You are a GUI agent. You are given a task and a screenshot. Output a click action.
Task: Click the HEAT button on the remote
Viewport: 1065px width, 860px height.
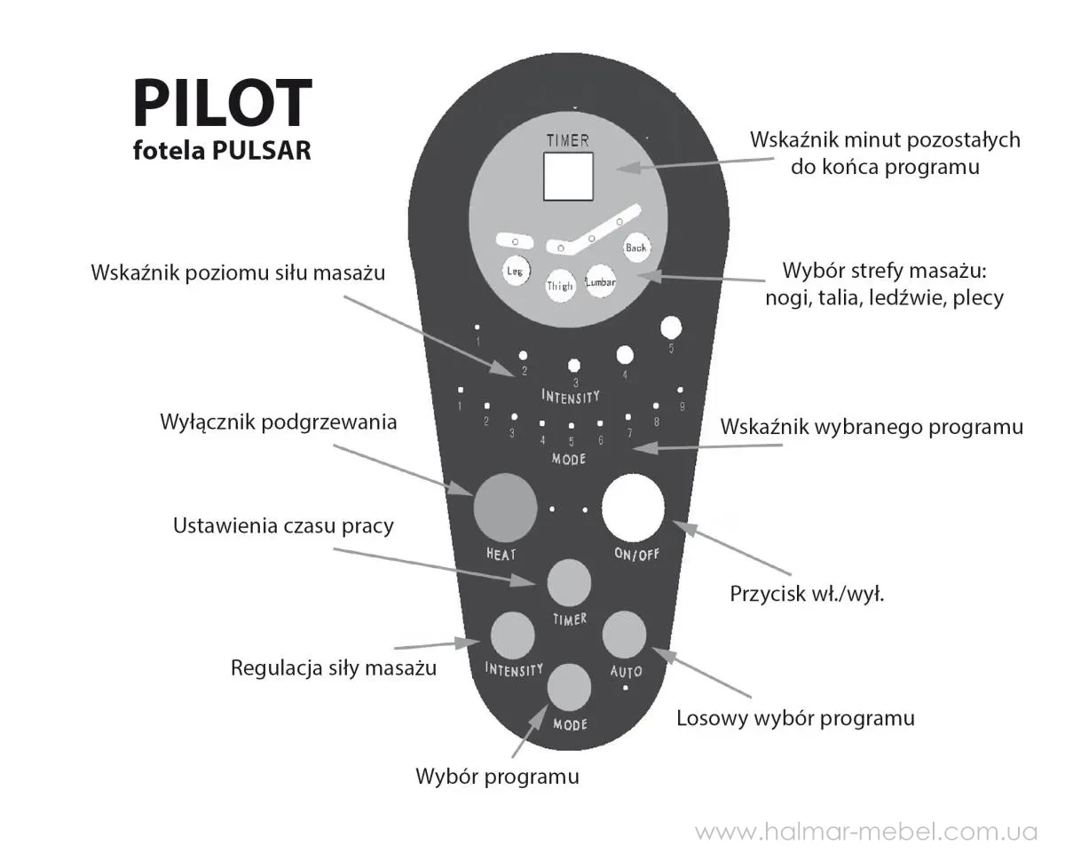point(505,508)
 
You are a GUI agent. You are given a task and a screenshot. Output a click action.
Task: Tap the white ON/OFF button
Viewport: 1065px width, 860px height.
point(634,508)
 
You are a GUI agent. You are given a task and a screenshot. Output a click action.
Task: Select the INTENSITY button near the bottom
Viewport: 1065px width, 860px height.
point(512,635)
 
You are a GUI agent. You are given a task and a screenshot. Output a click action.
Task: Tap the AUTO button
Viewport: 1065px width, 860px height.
point(624,634)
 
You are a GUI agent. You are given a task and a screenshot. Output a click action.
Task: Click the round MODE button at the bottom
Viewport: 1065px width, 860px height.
point(569,688)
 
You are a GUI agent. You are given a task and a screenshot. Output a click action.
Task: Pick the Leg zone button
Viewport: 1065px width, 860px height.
point(516,271)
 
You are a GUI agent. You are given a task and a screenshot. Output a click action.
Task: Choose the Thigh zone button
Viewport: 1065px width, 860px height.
point(560,286)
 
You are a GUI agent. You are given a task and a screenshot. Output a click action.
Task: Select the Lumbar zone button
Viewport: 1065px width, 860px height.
point(600,281)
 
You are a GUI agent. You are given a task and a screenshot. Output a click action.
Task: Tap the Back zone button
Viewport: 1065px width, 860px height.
point(636,248)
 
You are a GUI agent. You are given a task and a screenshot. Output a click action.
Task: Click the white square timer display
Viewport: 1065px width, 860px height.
point(568,177)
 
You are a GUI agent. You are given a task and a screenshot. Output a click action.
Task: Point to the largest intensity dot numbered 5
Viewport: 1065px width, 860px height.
point(670,328)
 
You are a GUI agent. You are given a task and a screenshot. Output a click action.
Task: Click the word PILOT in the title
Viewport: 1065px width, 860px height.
point(223,103)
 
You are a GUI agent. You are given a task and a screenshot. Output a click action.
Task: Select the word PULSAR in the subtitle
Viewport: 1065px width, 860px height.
point(263,150)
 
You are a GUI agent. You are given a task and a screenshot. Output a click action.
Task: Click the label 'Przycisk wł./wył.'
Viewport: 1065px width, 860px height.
point(807,594)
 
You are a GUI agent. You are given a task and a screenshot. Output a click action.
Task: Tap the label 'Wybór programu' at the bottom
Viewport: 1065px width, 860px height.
point(497,777)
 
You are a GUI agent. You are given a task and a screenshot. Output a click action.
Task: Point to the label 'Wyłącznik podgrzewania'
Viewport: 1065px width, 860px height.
point(279,422)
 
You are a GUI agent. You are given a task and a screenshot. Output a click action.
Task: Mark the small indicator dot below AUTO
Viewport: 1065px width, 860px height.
point(626,688)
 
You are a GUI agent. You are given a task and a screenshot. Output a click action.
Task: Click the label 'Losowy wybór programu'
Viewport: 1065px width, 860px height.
point(795,719)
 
